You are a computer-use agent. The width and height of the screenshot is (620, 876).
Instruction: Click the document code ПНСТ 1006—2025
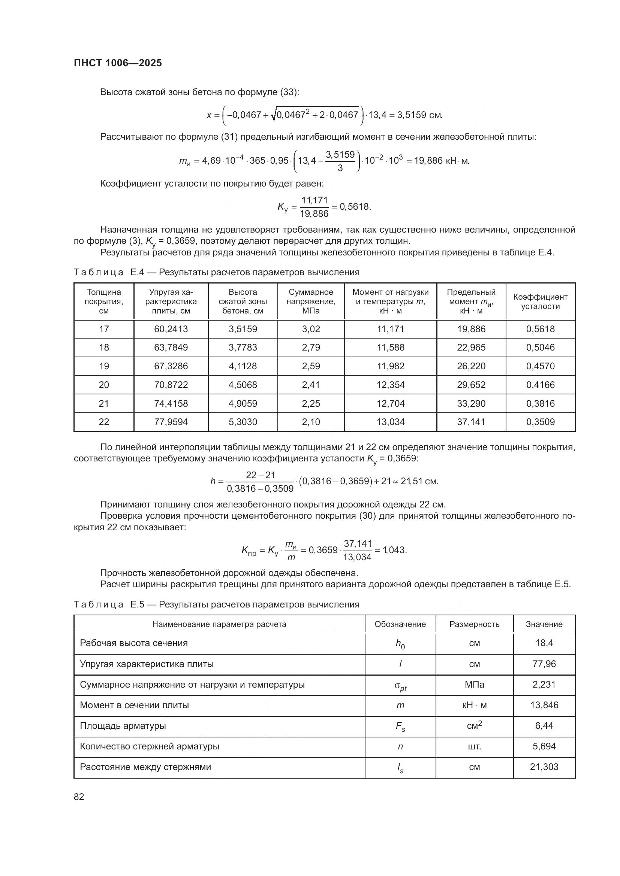[x=118, y=63]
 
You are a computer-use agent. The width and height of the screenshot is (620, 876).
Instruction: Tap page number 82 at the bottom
[x=79, y=797]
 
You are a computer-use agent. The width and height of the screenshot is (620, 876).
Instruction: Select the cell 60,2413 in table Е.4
[x=171, y=329]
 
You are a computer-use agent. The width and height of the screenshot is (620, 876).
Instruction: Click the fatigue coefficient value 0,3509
[x=540, y=422]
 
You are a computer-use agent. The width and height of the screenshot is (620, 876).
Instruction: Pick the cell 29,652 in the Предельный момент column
[x=471, y=385]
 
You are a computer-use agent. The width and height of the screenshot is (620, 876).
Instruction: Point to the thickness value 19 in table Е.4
[x=104, y=366]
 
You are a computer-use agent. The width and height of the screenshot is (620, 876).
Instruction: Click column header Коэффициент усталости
[x=540, y=301]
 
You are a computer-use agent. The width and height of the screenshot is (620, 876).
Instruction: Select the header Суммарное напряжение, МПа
[x=311, y=301]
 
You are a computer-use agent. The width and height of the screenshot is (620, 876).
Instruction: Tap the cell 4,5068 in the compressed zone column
[x=243, y=385]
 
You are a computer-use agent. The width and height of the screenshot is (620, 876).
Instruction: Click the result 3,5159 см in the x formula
[x=419, y=115]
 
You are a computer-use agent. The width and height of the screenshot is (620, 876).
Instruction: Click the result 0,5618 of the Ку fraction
[x=355, y=207]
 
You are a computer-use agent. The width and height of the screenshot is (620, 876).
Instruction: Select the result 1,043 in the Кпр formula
[x=394, y=550]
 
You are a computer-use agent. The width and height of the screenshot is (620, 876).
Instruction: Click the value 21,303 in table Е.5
[x=544, y=767]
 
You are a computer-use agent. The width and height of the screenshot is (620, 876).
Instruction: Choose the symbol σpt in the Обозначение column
[x=400, y=686]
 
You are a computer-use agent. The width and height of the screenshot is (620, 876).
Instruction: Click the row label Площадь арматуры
[x=123, y=726]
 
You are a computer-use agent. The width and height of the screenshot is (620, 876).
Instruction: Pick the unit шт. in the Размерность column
[x=474, y=746]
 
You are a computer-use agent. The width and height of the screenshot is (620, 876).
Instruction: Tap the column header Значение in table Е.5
[x=544, y=624]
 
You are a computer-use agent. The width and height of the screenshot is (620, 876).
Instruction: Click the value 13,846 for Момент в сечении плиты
[x=544, y=705]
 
